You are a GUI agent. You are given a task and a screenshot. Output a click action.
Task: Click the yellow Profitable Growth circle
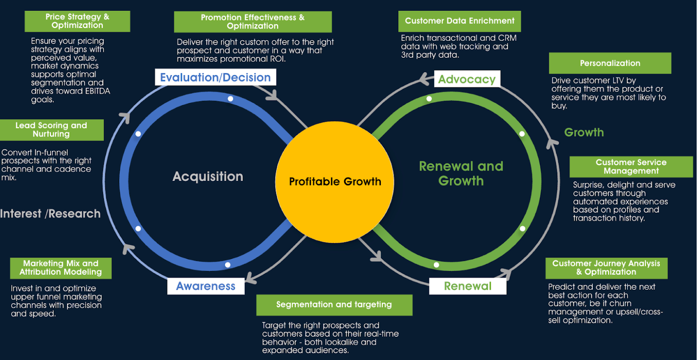pos(334,181)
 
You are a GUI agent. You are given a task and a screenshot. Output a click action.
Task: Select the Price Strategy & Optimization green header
pos(77,21)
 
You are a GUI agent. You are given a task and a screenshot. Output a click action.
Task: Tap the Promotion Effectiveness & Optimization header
pos(253,22)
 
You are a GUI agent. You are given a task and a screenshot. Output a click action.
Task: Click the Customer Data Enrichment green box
pos(460,21)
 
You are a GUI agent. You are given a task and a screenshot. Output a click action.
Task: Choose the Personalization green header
pos(610,63)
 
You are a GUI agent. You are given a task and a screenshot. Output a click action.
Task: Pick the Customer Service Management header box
pos(631,167)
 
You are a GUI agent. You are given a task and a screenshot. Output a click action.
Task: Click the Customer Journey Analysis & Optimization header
pos(606,268)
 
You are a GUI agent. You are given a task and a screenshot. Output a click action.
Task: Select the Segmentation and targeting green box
pos(334,305)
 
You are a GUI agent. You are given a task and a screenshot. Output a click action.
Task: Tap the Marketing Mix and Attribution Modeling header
pos(60,268)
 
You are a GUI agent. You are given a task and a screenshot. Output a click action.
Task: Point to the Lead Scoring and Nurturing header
pos(51,130)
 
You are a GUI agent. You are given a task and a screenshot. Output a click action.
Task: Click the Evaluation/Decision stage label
pos(215,77)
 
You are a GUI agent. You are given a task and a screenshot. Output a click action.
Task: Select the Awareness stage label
pos(206,286)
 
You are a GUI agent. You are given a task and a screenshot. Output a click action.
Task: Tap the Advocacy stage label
pos(467,79)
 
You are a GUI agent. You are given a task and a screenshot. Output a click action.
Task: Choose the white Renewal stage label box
pos(467,286)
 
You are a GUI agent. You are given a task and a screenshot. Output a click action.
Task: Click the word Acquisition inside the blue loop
pos(208,176)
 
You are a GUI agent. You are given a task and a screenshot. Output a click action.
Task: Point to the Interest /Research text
pos(50,214)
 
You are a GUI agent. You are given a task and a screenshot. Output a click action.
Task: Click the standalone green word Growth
pos(584,133)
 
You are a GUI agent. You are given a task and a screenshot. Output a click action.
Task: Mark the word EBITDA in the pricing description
pos(91,91)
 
